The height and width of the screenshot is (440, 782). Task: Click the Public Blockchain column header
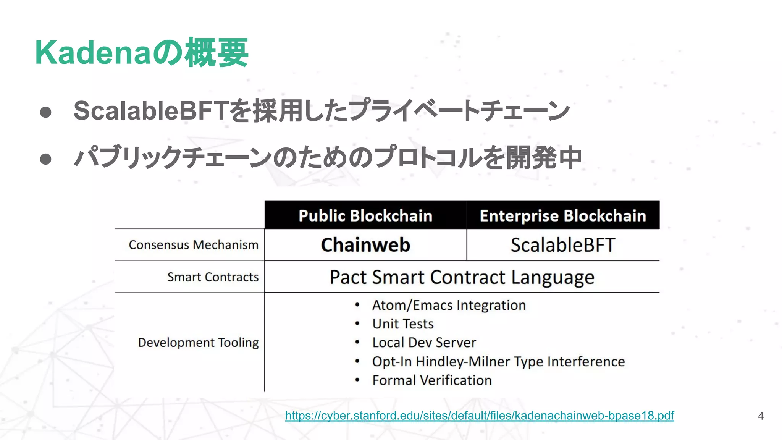click(365, 216)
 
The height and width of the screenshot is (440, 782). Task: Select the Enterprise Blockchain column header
click(563, 216)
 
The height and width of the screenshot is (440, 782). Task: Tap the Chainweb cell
click(365, 245)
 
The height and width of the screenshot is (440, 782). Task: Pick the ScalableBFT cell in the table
click(563, 245)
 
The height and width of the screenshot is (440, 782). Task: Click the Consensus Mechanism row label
click(194, 245)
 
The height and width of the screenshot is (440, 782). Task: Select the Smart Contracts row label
click(213, 277)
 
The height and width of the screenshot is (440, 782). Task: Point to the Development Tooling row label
click(198, 343)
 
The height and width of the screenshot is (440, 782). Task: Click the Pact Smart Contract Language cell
click(462, 277)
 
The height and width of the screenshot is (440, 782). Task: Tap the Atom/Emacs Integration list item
click(449, 306)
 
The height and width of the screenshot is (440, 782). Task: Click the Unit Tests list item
click(403, 324)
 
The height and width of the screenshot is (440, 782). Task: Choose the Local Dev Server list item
click(424, 343)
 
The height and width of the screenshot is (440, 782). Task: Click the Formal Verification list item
click(432, 380)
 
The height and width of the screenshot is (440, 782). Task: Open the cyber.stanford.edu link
click(479, 416)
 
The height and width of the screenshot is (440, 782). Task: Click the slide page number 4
click(761, 416)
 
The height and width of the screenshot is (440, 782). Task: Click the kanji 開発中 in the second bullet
click(544, 158)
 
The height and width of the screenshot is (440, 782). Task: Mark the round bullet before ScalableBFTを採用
click(46, 112)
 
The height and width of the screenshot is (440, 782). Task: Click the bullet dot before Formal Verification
click(357, 380)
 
